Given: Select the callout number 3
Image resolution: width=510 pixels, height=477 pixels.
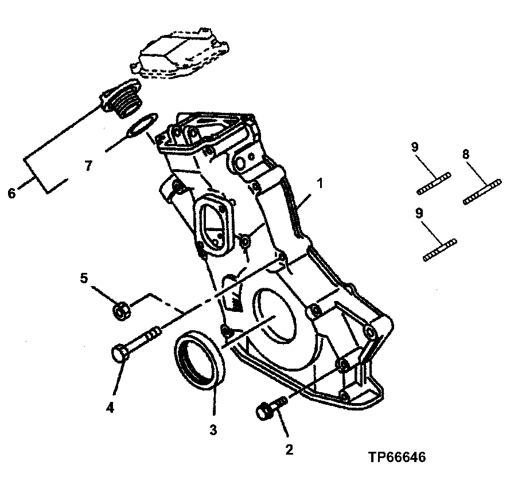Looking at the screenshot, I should (213, 429).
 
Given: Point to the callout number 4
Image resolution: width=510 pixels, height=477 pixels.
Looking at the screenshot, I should (110, 408).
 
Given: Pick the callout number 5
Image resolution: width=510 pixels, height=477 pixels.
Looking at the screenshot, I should (84, 279).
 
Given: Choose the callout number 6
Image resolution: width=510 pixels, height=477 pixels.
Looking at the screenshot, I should (11, 193).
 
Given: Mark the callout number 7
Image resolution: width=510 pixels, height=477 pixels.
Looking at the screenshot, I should (88, 166).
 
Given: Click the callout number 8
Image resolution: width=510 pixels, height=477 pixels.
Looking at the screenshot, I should (466, 154).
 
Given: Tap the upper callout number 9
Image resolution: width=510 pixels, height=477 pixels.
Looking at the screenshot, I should (415, 147).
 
